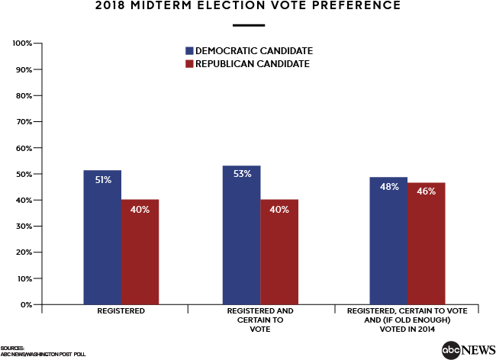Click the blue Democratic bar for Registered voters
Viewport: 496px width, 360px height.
click(102, 237)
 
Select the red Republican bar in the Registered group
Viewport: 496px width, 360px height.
click(140, 252)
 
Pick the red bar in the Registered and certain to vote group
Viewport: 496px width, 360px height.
click(279, 252)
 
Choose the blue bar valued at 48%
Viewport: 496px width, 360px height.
click(388, 241)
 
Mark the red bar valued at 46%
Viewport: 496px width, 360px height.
click(426, 243)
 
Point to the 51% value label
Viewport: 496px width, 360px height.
click(103, 180)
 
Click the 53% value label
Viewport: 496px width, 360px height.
click(242, 174)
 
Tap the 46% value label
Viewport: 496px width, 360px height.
click(426, 191)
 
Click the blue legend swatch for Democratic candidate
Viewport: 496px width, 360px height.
click(190, 50)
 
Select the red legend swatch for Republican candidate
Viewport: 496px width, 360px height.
click(190, 64)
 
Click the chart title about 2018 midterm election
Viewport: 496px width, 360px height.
click(247, 6)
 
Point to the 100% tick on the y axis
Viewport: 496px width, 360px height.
click(23, 43)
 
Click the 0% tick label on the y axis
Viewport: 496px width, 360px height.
click(25, 304)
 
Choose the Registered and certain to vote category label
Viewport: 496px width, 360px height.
click(260, 317)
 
